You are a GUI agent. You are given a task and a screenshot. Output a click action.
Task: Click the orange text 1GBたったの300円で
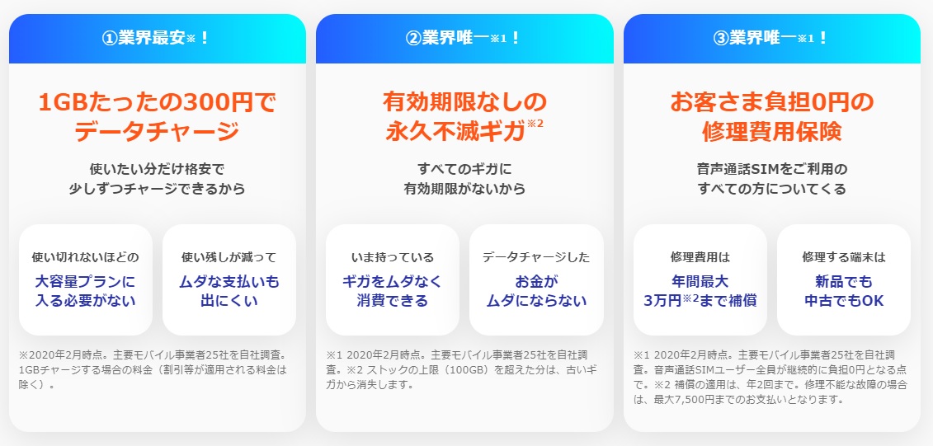tap(157, 103)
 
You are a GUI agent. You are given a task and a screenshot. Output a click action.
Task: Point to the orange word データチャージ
tap(157, 132)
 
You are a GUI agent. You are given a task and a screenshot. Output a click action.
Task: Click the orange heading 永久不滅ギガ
tap(456, 132)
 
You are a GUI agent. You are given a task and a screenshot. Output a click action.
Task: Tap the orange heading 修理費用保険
tap(772, 132)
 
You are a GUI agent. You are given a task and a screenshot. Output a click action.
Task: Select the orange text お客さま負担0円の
tap(772, 103)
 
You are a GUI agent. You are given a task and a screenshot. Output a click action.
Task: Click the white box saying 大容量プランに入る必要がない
tap(86, 279)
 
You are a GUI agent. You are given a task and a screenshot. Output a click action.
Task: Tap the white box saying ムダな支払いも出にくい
tap(229, 279)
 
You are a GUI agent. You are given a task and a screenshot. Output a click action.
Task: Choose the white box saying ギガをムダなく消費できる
tap(393, 279)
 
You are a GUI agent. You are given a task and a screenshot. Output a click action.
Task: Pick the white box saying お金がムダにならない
tap(536, 279)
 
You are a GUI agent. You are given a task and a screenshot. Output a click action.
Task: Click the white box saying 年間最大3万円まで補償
tap(700, 279)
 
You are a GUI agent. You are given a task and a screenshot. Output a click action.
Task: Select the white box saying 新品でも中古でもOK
tap(844, 279)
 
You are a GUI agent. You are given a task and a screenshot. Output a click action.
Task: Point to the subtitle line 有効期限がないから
tap(464, 189)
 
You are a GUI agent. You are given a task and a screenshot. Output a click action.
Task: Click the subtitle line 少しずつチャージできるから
tap(157, 189)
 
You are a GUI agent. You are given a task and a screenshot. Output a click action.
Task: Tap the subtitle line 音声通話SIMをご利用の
tap(772, 170)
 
